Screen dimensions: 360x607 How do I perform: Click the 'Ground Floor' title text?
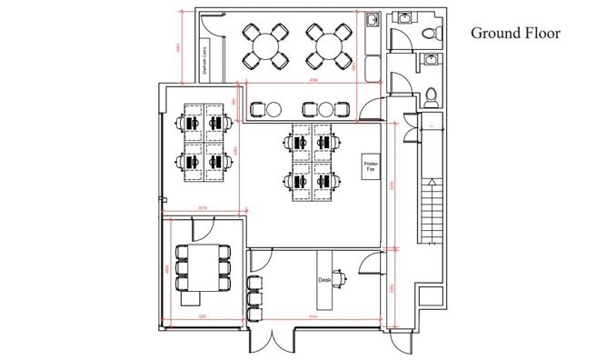point(515,34)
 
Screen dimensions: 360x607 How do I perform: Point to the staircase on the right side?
point(431,212)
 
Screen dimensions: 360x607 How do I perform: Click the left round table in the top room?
point(265,45)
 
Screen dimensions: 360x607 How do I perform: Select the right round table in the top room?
point(326,45)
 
